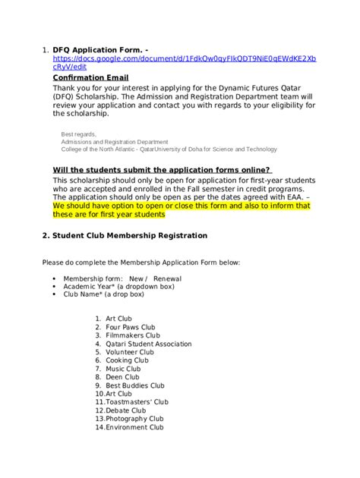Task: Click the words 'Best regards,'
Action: [78, 134]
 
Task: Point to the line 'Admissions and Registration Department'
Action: [115, 141]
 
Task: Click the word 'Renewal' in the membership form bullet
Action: [167, 278]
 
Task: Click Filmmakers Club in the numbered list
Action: [133, 335]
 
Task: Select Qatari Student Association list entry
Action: [149, 344]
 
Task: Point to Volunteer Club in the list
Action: [130, 352]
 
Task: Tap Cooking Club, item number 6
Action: [128, 360]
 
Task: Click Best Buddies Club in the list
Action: [136, 385]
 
